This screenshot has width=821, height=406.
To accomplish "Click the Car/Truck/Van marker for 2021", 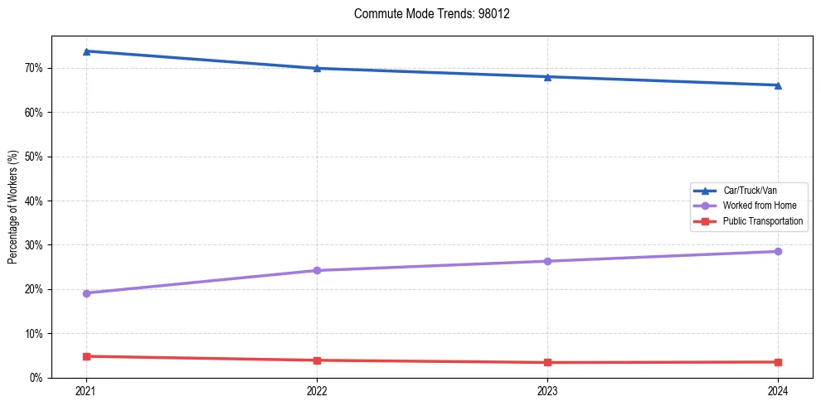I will click(86, 51).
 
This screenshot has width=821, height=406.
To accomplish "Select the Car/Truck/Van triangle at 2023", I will click(547, 77).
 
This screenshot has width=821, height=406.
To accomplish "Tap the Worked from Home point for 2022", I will click(317, 270).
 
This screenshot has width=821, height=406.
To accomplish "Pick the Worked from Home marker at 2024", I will click(778, 251).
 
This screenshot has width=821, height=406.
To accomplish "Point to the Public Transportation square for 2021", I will click(86, 356).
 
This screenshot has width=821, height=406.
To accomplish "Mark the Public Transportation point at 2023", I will click(547, 362).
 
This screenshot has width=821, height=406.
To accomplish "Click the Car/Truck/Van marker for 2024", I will click(778, 85).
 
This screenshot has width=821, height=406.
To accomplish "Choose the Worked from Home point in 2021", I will click(86, 293).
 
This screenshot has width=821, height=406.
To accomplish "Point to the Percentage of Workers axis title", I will click(13, 206).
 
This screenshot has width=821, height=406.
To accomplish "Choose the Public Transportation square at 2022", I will click(317, 360).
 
